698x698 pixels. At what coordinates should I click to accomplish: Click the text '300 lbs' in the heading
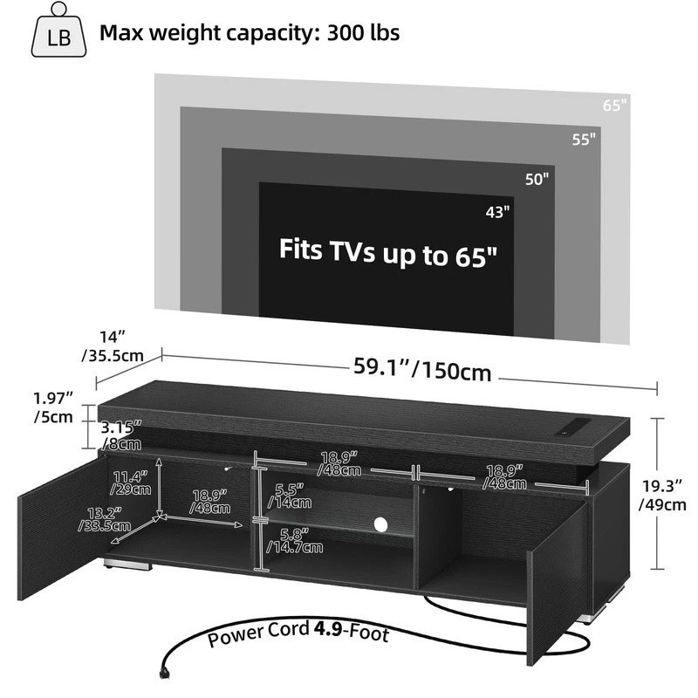pyautogui.click(x=363, y=33)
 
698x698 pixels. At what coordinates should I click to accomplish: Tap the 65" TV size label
pyautogui.click(x=615, y=106)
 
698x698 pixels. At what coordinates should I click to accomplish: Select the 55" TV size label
pyautogui.click(x=584, y=140)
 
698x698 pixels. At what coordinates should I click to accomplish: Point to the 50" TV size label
pyautogui.click(x=537, y=179)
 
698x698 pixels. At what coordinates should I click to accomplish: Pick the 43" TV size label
pyautogui.click(x=497, y=212)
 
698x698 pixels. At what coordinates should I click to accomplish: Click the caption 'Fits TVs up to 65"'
pyautogui.click(x=387, y=253)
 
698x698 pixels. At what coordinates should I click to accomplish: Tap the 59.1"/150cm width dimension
pyautogui.click(x=422, y=369)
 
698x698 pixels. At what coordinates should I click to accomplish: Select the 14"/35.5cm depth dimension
pyautogui.click(x=113, y=346)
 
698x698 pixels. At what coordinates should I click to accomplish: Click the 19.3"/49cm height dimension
pyautogui.click(x=662, y=495)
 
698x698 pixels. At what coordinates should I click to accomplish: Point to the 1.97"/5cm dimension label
pyautogui.click(x=53, y=407)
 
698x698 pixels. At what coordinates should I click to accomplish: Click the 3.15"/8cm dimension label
pyautogui.click(x=121, y=435)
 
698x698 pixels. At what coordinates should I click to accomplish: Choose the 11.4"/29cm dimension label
pyautogui.click(x=130, y=483)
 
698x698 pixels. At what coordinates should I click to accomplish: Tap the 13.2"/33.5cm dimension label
pyautogui.click(x=105, y=519)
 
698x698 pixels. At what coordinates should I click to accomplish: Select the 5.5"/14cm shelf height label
pyautogui.click(x=290, y=496)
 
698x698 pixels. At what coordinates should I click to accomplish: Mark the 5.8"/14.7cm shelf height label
pyautogui.click(x=295, y=540)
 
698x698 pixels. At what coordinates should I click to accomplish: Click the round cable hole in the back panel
pyautogui.click(x=380, y=524)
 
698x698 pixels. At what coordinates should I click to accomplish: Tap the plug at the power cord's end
pyautogui.click(x=164, y=671)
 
